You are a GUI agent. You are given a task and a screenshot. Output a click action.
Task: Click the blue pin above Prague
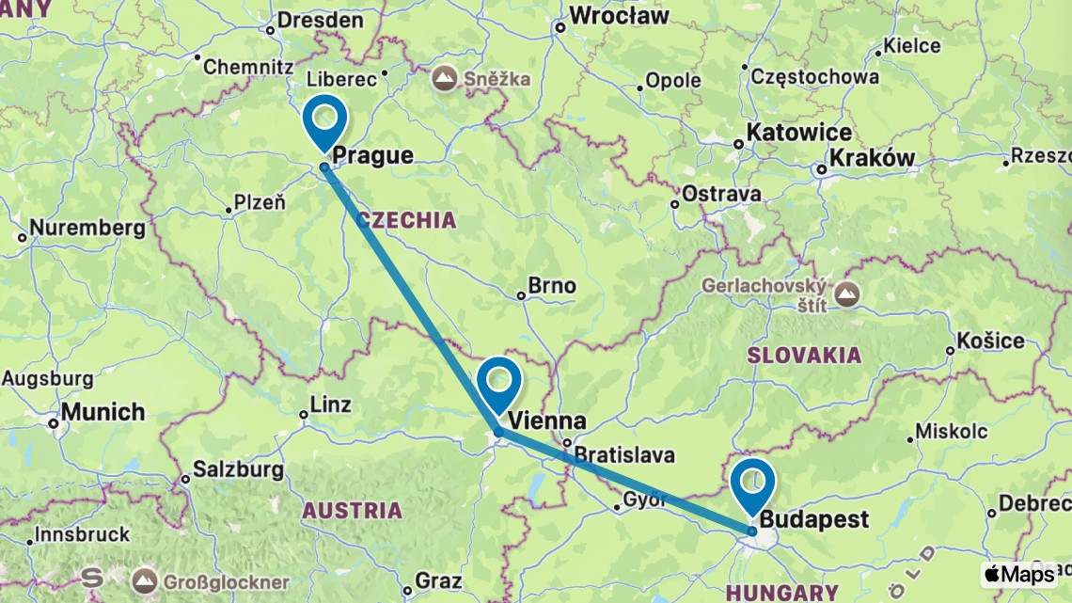pos(324,119)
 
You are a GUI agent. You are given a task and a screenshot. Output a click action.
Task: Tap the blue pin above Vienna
pos(498,382)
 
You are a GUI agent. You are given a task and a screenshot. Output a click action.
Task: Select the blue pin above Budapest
pos(752,482)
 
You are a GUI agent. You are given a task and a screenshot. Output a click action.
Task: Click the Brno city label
pos(551,286)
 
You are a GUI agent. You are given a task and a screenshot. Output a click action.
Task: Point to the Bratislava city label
pos(624,455)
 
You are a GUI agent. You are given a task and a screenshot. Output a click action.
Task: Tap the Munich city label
pos(103,412)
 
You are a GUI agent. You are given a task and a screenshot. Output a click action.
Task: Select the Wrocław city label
pos(619,16)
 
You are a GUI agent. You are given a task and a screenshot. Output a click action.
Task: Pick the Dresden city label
pos(322,20)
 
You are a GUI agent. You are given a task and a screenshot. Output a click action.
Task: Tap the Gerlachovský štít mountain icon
pos(848,294)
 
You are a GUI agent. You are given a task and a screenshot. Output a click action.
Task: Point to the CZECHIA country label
pos(406,220)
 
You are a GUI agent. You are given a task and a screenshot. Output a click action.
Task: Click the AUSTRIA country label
pos(352,511)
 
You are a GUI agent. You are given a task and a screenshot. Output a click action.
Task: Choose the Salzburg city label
pos(237,468)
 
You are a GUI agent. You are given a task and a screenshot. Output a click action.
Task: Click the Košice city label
pos(990,340)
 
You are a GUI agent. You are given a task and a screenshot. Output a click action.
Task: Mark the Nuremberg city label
pos(87,228)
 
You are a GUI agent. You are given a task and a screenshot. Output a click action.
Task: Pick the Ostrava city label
pos(720,194)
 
